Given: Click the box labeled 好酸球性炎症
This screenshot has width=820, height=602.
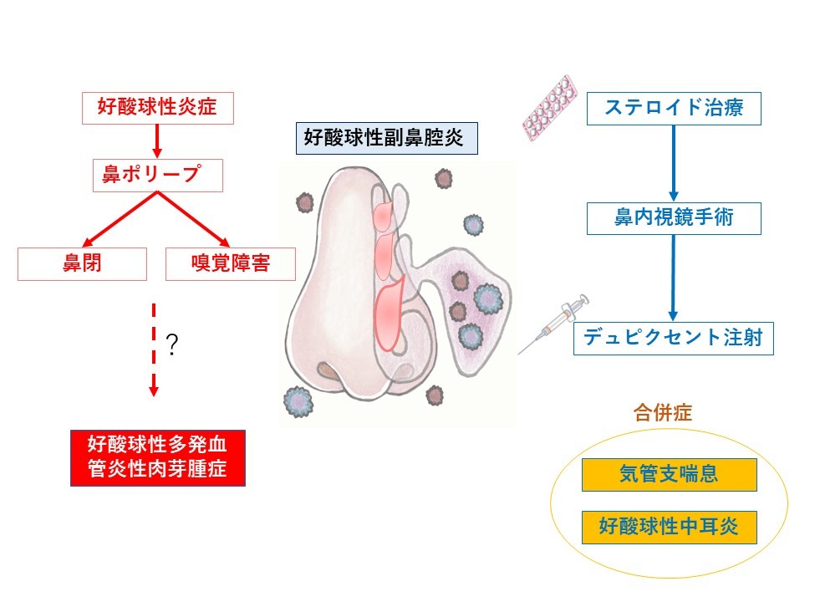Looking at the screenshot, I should tap(155, 107).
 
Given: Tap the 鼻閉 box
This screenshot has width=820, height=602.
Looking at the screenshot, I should tap(82, 263).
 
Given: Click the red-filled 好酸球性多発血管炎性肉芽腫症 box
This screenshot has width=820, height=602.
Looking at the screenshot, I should tap(157, 457).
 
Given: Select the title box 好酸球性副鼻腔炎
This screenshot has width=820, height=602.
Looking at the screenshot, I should tap(386, 137).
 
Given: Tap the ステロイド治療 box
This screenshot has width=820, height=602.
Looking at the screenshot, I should tap(674, 108).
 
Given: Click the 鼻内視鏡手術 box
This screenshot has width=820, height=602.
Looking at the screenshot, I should tap(674, 218).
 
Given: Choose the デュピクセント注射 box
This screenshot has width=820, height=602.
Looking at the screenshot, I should tap(674, 339).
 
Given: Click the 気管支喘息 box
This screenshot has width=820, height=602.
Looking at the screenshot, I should tap(669, 474).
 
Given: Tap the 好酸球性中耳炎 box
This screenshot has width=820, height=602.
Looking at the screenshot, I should tap(669, 527).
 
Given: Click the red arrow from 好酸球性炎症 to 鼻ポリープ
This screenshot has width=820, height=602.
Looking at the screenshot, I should tap(155, 139).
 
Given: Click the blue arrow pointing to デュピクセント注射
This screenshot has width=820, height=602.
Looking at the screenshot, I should tap(674, 278).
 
